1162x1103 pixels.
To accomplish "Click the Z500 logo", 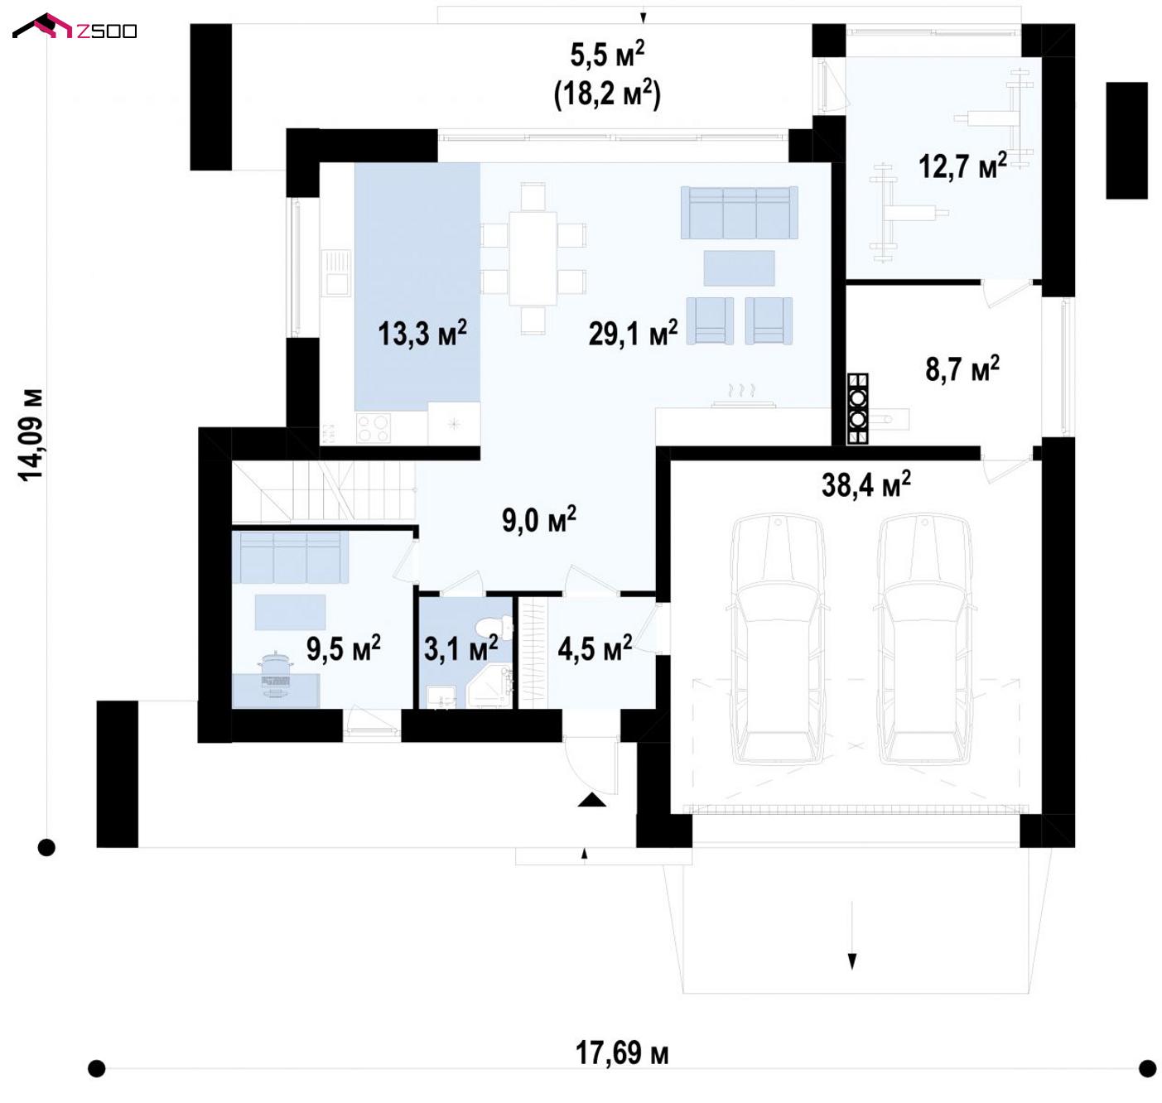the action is (75, 27).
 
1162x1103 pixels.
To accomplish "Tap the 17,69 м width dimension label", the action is (622, 1052).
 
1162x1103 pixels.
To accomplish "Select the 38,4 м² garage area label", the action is (865, 484).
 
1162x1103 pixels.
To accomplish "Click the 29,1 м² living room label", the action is (633, 333).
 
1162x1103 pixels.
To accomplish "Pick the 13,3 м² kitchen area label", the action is (422, 333).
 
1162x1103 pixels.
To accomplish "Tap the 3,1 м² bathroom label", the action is (460, 649).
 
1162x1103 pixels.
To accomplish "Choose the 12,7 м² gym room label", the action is (962, 166).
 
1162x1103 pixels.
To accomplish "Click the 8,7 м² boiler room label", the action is (962, 368).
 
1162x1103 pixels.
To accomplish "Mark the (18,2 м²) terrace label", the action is (608, 94).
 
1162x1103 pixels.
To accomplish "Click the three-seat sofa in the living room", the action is (739, 212).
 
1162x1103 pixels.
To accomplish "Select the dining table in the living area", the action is (533, 258).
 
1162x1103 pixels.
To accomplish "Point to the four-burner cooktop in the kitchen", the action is (373, 427).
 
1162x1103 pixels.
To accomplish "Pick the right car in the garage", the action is (923, 639).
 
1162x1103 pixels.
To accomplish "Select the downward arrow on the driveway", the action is (851, 936).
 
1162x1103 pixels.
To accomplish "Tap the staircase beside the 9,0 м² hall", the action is (323, 491).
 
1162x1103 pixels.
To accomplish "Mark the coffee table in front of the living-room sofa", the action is (739, 267).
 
